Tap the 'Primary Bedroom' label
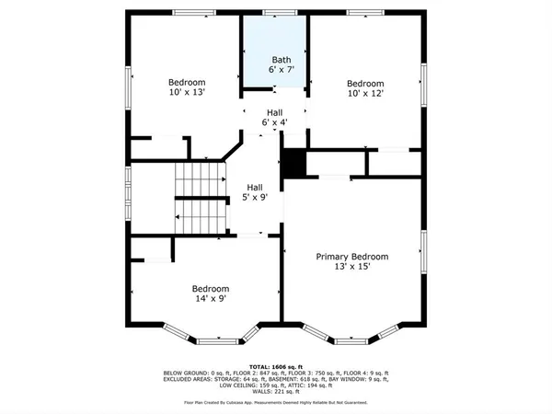point(352,257)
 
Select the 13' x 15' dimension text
point(352,268)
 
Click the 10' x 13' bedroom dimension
point(186,93)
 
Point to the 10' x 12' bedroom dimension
point(363,93)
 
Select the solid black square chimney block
point(293,165)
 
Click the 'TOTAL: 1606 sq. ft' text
point(275,365)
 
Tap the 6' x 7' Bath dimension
point(275,69)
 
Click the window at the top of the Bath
point(274,13)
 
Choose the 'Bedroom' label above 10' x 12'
point(363,82)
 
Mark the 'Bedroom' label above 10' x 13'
point(186,82)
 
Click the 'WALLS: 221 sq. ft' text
point(275,392)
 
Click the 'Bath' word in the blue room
point(275,58)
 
